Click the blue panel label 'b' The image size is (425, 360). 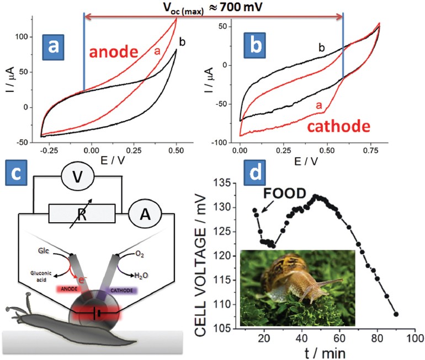pyautogui.click(x=258, y=45)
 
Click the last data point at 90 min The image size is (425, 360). pyautogui.click(x=396, y=314)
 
